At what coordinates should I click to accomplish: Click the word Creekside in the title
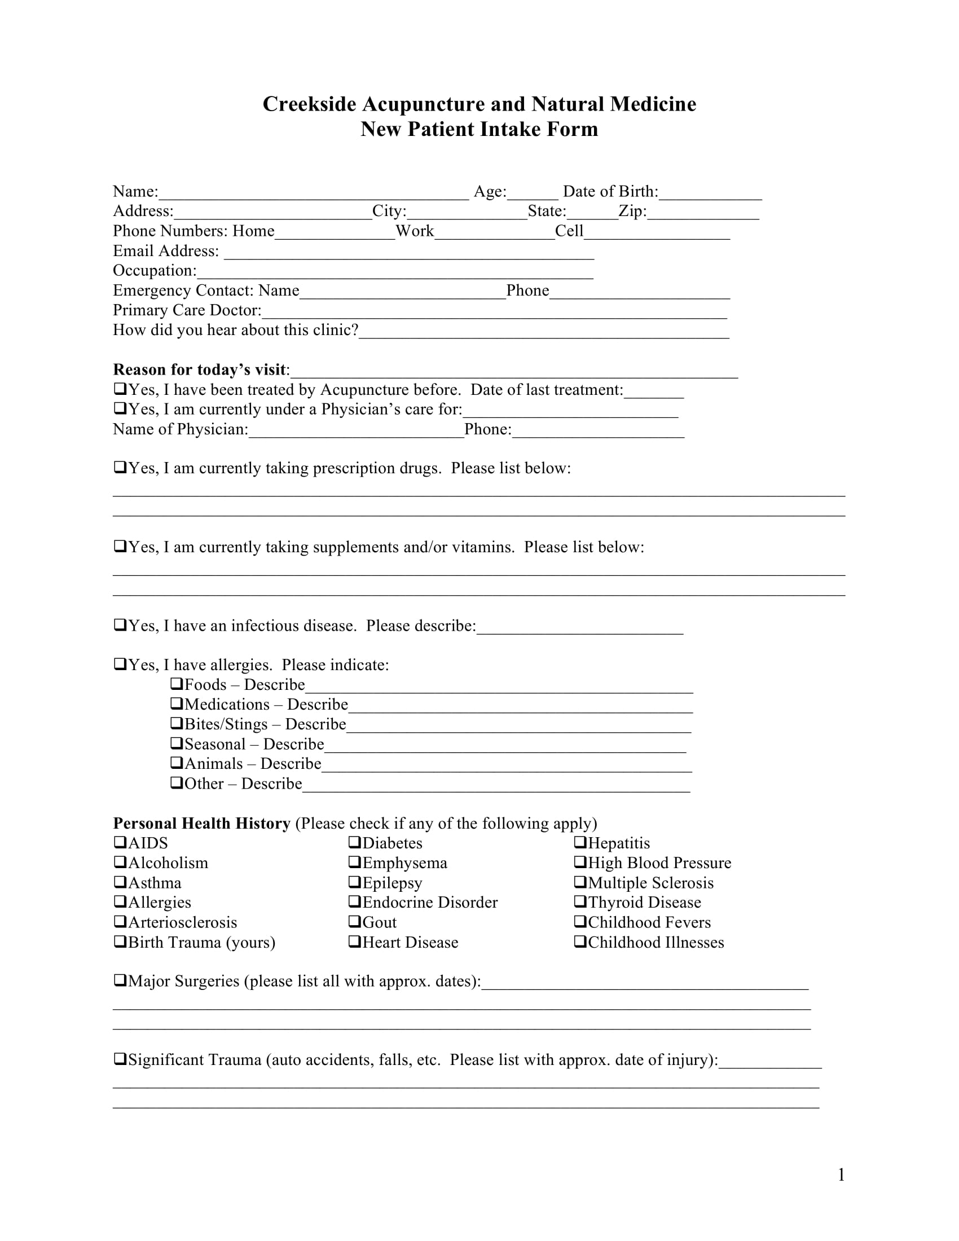click(x=309, y=104)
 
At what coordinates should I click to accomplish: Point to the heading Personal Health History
click(x=202, y=823)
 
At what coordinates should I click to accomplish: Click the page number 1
click(x=841, y=1174)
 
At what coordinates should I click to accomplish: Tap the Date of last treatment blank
click(x=653, y=391)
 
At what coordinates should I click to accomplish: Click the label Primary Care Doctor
click(x=187, y=310)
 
